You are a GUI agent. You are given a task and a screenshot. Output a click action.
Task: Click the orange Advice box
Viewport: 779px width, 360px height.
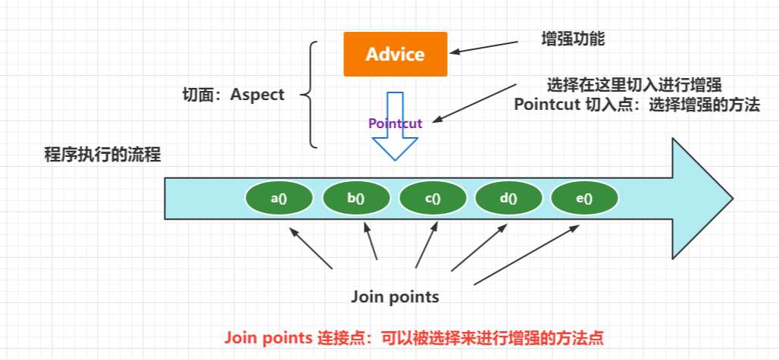395,55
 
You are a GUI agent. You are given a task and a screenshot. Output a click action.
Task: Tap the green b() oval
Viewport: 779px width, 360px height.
355,199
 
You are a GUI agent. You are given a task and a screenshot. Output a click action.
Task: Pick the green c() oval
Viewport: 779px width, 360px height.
433,199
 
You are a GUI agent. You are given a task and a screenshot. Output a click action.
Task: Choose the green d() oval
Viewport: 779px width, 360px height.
508,199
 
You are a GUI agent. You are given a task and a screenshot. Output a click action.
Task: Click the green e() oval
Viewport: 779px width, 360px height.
584,199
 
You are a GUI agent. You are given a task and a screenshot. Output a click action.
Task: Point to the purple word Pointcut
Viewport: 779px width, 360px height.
394,123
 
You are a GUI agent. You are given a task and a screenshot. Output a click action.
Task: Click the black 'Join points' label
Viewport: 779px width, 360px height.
395,296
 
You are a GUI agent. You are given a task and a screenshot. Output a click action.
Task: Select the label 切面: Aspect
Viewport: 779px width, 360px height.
233,95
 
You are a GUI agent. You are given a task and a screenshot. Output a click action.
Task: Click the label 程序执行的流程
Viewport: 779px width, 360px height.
103,155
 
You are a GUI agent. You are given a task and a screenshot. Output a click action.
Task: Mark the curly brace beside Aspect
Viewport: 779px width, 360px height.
309,94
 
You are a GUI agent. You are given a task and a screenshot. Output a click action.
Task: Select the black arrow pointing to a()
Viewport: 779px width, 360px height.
311,249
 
